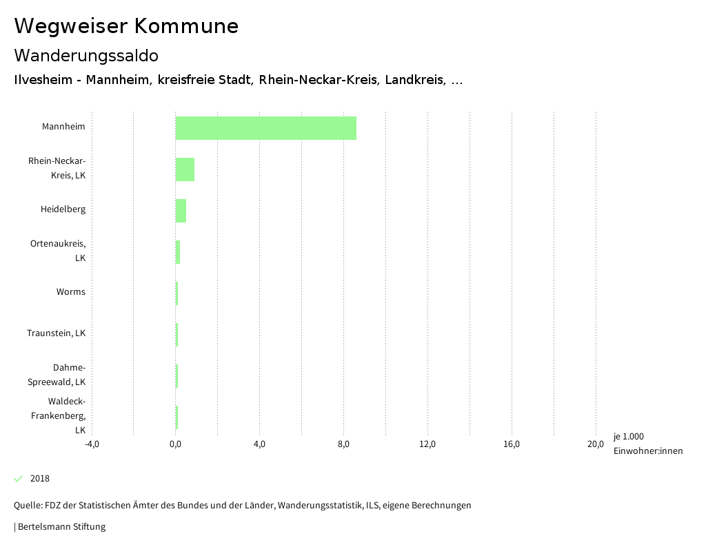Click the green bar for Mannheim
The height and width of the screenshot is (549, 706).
click(x=265, y=128)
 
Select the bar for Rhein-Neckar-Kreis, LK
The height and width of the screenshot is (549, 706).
click(x=185, y=169)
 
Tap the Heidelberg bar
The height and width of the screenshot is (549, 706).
click(x=181, y=211)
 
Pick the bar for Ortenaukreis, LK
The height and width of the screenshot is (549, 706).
click(x=178, y=252)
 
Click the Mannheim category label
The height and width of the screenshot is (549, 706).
click(x=63, y=127)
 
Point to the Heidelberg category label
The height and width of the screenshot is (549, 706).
click(x=63, y=209)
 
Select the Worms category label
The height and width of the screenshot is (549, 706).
click(x=71, y=292)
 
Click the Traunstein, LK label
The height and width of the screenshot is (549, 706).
click(x=57, y=333)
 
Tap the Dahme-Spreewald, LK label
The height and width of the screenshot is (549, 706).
click(x=57, y=375)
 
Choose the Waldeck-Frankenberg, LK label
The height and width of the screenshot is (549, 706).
click(x=59, y=415)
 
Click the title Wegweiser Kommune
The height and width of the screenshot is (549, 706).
click(x=126, y=26)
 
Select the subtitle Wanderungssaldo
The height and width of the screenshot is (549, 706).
click(x=86, y=55)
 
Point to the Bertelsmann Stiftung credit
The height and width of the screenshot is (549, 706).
click(x=61, y=527)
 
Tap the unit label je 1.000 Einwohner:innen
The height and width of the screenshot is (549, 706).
click(x=647, y=444)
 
